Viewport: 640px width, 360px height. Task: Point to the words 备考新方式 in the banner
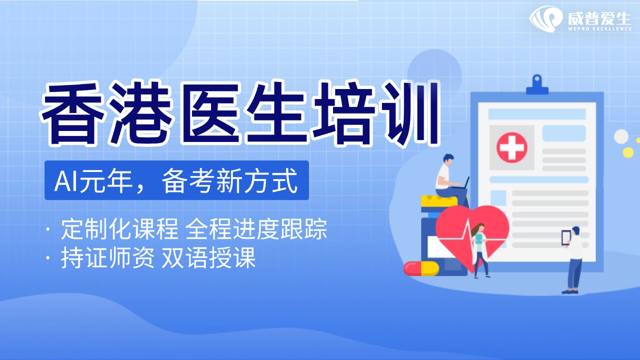(x=229, y=181)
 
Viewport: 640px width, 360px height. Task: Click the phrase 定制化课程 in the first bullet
(x=119, y=229)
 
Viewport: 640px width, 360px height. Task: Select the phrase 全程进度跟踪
(x=256, y=229)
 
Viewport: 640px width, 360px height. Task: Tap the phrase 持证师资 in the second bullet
(x=107, y=257)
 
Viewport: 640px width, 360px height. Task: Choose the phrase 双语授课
(x=208, y=257)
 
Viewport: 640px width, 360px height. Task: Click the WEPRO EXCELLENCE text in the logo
(x=599, y=29)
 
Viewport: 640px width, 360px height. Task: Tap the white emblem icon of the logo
(x=545, y=19)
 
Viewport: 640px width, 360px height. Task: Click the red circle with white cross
(x=511, y=147)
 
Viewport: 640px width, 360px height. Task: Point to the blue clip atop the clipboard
(x=537, y=84)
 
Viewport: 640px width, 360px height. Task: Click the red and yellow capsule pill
(x=421, y=268)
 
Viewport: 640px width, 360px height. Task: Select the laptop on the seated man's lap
(x=460, y=184)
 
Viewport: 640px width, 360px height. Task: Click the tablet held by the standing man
(x=566, y=237)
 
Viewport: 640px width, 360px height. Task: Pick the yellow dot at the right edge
(x=628, y=152)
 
